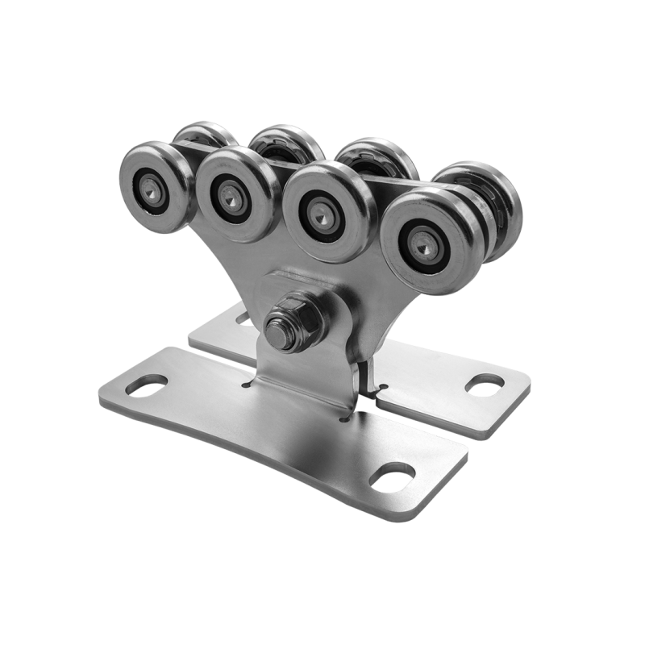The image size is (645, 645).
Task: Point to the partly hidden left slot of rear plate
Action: pyautogui.click(x=244, y=319)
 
